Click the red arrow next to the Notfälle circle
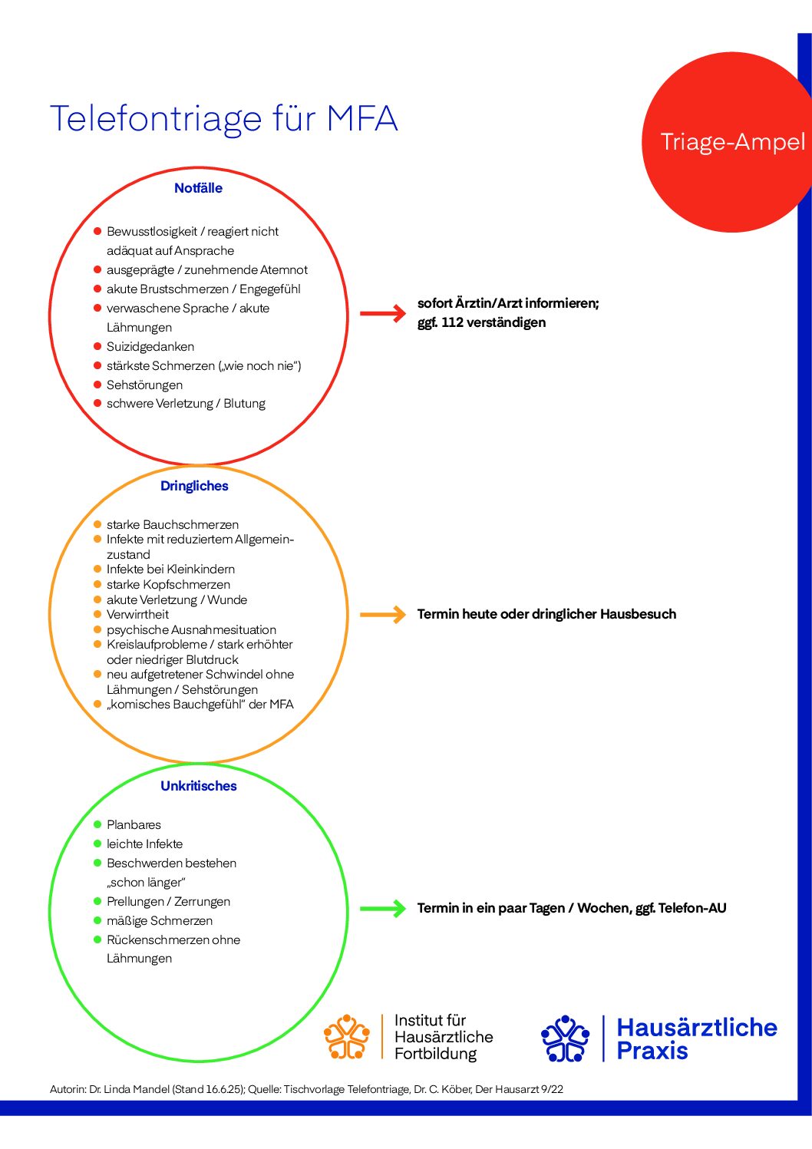point(383,313)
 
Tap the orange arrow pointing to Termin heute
point(383,614)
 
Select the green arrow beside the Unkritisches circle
point(383,909)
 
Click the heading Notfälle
point(199,188)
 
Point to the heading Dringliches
point(194,487)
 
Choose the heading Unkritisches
point(199,787)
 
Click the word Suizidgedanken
point(150,347)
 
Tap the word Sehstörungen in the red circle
point(144,385)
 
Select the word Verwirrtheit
point(137,615)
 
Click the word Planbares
point(134,825)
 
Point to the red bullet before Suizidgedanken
point(97,346)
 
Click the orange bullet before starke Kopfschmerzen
point(97,584)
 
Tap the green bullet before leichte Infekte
point(97,844)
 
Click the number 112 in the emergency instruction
point(452,322)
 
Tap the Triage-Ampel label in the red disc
point(732,142)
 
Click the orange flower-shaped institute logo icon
point(347,1036)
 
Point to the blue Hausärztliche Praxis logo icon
point(566,1038)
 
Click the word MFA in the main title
point(362,118)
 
